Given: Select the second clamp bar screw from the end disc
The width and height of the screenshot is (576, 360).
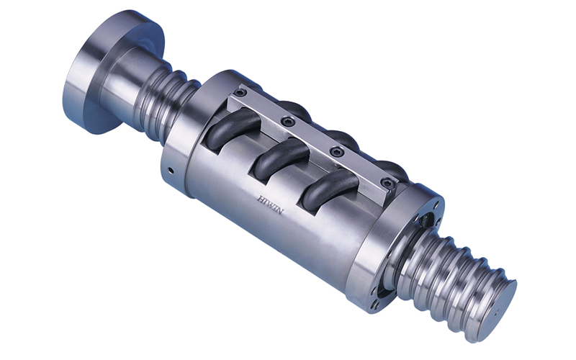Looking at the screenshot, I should (287, 122).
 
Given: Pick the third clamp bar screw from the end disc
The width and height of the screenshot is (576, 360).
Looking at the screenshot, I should (333, 151).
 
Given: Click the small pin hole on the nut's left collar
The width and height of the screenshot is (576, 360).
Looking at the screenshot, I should (170, 171).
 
